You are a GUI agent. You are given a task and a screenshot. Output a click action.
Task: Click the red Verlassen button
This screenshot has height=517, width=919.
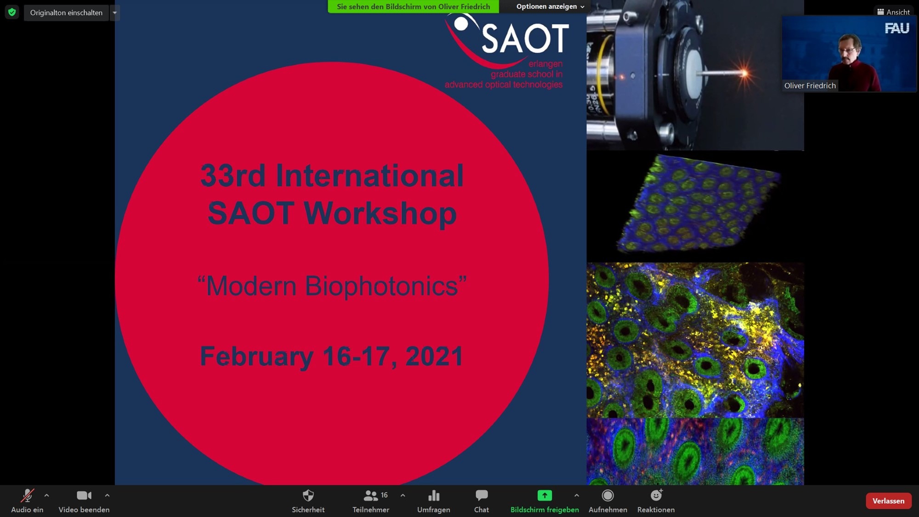tap(888, 500)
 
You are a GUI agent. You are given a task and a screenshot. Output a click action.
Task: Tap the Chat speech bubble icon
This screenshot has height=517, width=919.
tap(482, 495)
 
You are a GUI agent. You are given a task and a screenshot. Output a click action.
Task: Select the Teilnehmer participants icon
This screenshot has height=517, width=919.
tap(370, 495)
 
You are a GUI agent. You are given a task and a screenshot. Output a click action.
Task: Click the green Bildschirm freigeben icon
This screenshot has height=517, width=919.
tap(545, 495)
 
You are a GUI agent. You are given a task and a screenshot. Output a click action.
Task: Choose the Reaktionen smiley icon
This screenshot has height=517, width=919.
tap(656, 495)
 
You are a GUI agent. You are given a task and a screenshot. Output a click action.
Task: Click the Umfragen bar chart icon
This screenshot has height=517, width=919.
tap(434, 495)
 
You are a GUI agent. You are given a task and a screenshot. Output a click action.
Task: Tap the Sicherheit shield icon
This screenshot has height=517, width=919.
tap(308, 495)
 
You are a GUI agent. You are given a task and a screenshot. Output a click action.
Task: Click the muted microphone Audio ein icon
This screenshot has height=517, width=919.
tap(27, 495)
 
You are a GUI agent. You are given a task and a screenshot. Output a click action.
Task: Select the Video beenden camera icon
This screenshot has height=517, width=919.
tap(84, 495)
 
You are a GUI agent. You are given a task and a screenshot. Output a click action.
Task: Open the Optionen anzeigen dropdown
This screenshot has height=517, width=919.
tap(550, 6)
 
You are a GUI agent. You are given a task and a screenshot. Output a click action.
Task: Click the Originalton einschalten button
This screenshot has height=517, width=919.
tap(66, 12)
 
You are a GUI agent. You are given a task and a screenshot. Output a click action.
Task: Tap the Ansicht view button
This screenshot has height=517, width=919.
tap(893, 12)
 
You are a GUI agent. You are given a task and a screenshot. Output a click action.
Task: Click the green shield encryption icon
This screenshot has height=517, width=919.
tap(12, 12)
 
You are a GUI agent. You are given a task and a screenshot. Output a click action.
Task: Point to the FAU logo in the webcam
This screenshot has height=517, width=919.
tap(897, 28)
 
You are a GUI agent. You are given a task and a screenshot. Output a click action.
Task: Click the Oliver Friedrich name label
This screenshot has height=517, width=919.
tap(810, 85)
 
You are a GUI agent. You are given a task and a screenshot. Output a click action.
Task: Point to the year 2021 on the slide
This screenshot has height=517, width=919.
tap(434, 356)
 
